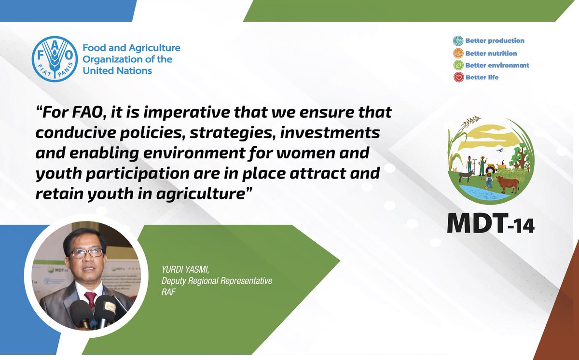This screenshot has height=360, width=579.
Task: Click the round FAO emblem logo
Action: tap(54, 58)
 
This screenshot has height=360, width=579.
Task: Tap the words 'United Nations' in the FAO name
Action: tap(117, 71)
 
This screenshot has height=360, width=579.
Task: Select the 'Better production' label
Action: tap(495, 41)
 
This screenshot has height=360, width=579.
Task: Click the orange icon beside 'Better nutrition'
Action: tap(458, 53)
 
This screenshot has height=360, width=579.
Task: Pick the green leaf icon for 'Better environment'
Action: tap(458, 65)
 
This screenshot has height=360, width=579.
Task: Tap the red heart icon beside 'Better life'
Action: tap(458, 77)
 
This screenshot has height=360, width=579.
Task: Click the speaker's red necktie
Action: tap(90, 297)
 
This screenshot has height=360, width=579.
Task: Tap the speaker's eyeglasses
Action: tap(87, 253)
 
